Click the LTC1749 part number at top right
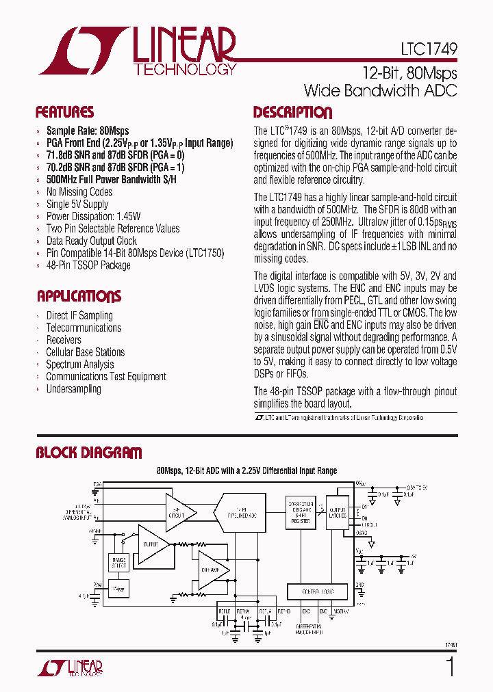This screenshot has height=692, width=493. pyautogui.click(x=429, y=50)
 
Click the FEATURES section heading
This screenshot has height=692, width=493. pyautogui.click(x=64, y=113)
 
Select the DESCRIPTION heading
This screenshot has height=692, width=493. pyautogui.click(x=292, y=113)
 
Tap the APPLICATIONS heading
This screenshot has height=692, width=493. pyautogui.click(x=79, y=296)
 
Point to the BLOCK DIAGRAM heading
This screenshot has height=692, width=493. pyautogui.click(x=89, y=453)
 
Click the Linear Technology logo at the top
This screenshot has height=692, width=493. pyautogui.click(x=137, y=51)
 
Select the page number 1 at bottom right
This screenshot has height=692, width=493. pyautogui.click(x=450, y=666)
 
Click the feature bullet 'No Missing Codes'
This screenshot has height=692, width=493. pyautogui.click(x=79, y=192)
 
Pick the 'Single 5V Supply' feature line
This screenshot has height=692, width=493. pyautogui.click(x=77, y=204)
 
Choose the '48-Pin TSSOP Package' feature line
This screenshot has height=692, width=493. pyautogui.click(x=88, y=265)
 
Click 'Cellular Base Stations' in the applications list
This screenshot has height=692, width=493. pyautogui.click(x=85, y=352)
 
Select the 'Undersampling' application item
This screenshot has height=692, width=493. pyautogui.click(x=73, y=389)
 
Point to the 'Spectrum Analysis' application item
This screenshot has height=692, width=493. pyautogui.click(x=79, y=364)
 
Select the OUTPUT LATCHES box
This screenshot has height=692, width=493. pyautogui.click(x=338, y=513)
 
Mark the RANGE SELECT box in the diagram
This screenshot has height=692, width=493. pyautogui.click(x=119, y=563)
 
